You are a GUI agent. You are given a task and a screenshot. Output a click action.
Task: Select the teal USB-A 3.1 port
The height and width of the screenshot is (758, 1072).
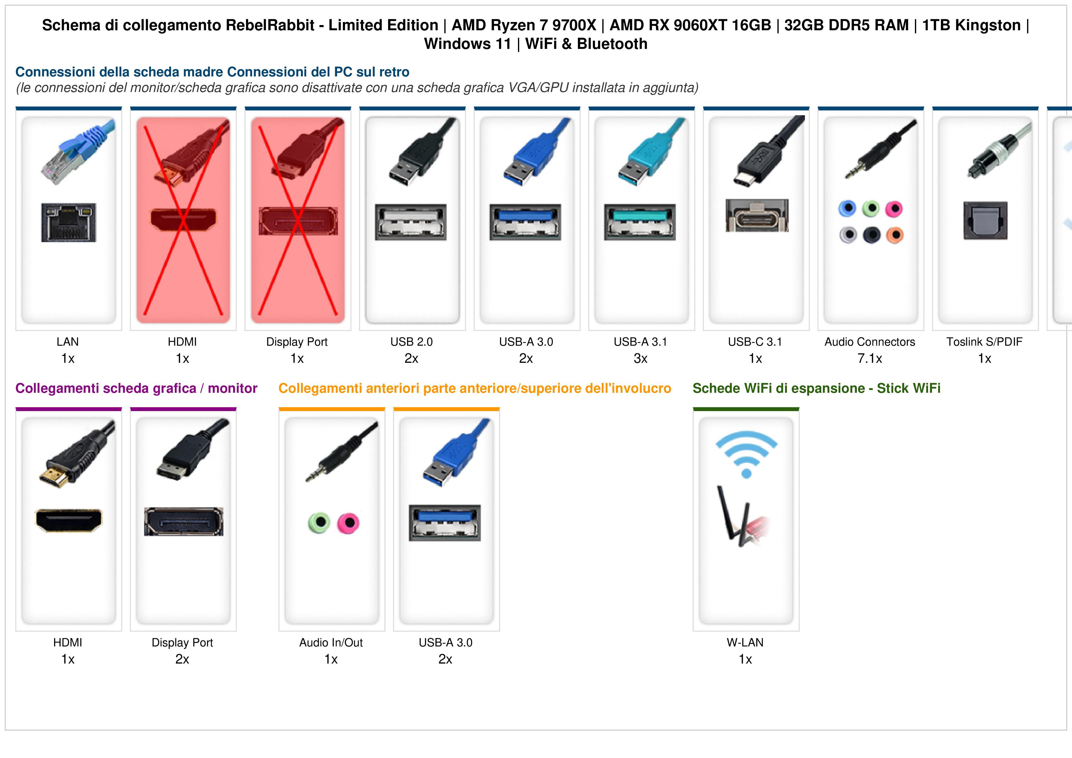click(640, 222)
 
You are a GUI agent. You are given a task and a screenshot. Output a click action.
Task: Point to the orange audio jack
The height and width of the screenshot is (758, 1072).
click(894, 235)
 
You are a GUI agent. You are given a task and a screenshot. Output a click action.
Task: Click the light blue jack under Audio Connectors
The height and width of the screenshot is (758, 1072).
click(847, 208)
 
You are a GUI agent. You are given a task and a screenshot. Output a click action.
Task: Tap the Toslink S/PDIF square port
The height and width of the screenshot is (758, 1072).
click(985, 220)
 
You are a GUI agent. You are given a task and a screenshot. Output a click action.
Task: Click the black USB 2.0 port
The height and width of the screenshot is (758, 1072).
click(410, 222)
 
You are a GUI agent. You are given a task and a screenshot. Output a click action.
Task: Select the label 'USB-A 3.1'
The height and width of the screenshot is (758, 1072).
click(640, 342)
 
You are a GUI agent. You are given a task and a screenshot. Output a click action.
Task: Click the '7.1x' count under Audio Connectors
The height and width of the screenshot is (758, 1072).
click(870, 359)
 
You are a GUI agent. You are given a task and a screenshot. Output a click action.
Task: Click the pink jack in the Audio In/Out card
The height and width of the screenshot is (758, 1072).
click(349, 523)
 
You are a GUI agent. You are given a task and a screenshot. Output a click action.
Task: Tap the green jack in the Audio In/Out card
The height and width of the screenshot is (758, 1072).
click(319, 523)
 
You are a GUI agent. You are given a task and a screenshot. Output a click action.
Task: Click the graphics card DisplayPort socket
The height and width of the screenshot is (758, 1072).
click(183, 522)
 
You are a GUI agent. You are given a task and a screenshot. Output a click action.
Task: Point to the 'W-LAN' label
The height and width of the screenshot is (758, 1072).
click(745, 643)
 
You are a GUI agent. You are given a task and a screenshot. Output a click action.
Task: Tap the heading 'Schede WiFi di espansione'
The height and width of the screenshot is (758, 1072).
click(779, 388)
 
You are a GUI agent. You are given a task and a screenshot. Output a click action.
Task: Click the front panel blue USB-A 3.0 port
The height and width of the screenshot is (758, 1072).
click(445, 523)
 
